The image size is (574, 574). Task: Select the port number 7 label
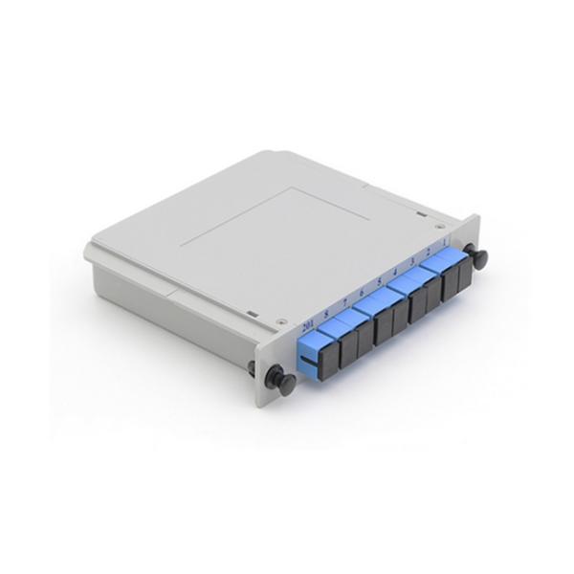point(345,304)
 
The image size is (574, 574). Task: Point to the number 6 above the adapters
point(362,294)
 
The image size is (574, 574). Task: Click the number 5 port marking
point(380,283)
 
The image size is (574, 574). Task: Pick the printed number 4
point(396,273)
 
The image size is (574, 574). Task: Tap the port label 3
point(412,262)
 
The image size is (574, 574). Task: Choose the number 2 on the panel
point(428,253)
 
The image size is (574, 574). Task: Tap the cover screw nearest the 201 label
point(280,321)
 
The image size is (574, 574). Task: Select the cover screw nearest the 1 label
point(441,226)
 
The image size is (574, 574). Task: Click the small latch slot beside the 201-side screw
point(250,313)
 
